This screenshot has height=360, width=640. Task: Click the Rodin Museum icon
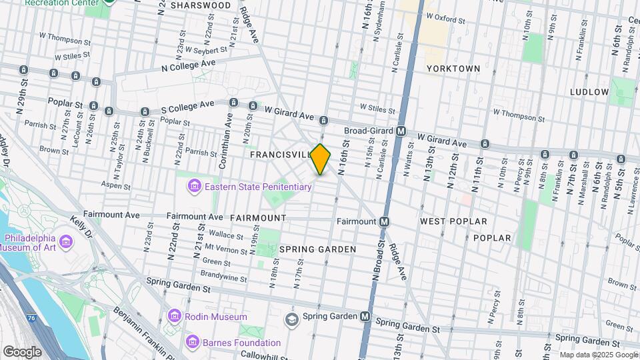pos(175,317)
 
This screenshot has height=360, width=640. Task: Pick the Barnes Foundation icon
pos(193,343)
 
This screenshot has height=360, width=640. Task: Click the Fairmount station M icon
pos(385,221)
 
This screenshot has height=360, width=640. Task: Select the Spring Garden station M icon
pos(365,316)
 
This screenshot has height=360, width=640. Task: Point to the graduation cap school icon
pos(291,319)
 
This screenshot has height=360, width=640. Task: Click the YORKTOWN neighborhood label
pos(453,69)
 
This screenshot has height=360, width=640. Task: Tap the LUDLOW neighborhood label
pos(589,92)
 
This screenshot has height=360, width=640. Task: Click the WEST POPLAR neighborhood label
pos(453,221)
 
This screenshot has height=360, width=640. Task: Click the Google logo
pos(22,351)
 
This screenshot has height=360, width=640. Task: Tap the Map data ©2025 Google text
pos(598,355)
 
